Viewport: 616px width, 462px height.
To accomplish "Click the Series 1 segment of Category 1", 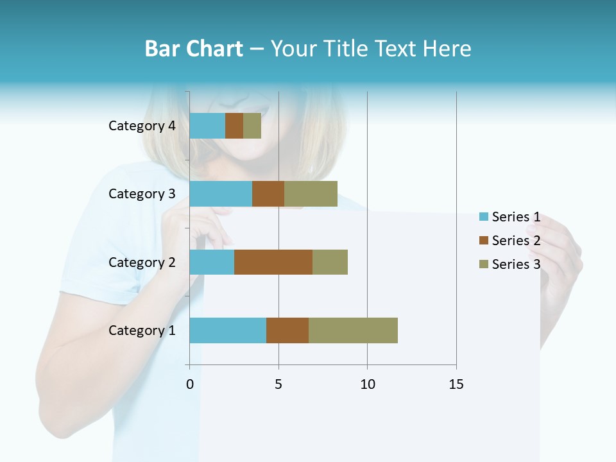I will click(x=228, y=330).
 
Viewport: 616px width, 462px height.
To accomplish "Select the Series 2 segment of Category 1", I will click(x=287, y=330).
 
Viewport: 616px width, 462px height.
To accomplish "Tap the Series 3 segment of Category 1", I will click(x=353, y=330).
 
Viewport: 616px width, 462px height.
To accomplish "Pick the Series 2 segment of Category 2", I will click(x=273, y=262).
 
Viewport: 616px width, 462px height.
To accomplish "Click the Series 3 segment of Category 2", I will click(x=330, y=262).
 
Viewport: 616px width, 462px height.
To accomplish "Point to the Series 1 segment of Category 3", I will click(x=221, y=194).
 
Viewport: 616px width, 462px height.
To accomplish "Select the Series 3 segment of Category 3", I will click(x=311, y=194).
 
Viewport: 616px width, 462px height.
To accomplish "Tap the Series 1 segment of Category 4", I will click(x=207, y=126).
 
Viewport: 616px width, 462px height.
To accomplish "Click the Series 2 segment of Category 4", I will click(x=234, y=126).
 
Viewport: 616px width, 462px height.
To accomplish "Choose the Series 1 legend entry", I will click(x=510, y=217).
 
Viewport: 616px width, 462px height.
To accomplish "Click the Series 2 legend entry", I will click(x=510, y=241).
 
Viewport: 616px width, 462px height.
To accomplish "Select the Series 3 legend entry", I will click(x=510, y=264).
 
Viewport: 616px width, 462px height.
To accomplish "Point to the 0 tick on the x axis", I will click(x=190, y=384).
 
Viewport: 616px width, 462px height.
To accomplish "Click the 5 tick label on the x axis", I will click(x=278, y=384).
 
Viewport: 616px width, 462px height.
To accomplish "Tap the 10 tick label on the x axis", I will click(x=367, y=384).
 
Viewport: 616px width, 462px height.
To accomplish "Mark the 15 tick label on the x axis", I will click(x=456, y=384).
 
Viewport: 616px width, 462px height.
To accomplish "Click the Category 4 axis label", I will click(x=142, y=126).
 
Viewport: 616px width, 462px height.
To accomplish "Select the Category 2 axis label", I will click(x=142, y=262).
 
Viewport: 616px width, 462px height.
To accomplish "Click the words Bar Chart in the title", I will click(x=194, y=49).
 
